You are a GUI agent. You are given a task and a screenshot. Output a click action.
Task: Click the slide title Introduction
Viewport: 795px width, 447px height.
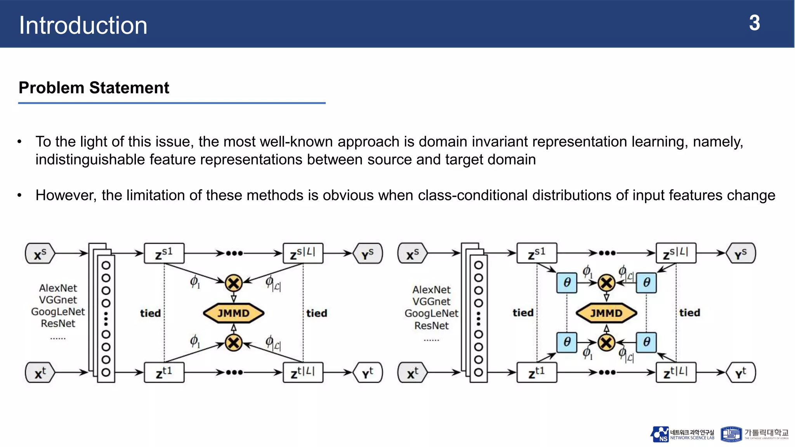point(83,26)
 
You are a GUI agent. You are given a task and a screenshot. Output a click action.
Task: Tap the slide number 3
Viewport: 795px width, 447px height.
point(754,23)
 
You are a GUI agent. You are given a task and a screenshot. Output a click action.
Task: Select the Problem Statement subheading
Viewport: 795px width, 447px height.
point(94,88)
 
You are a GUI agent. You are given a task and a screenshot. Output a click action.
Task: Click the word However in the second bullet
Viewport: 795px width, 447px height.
point(66,195)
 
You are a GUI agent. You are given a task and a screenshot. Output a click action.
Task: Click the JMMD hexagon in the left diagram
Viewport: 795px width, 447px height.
point(233,313)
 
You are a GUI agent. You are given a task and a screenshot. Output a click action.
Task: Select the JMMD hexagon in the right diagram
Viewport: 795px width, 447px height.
point(606,313)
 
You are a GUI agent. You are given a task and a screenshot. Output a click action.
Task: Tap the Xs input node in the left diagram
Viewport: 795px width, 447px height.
point(40,254)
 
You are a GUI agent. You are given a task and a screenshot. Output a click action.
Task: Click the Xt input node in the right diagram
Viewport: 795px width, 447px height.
point(412,373)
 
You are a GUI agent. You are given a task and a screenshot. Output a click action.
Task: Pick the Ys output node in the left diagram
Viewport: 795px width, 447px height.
point(368,254)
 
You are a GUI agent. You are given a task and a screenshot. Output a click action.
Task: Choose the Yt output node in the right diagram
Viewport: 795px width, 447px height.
point(740,373)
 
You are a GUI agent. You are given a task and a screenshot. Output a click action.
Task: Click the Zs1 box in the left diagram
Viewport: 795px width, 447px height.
point(164,254)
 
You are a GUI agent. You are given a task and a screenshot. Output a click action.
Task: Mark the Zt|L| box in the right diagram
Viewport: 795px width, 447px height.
point(675,373)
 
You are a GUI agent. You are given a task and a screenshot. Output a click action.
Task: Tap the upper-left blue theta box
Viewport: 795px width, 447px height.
point(567,282)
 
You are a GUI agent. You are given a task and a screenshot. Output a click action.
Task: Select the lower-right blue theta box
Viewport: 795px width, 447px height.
point(646,342)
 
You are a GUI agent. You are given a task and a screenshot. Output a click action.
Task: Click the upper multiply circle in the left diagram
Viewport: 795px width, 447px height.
point(234,283)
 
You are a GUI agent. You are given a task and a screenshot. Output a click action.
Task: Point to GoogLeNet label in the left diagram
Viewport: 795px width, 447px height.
point(58,312)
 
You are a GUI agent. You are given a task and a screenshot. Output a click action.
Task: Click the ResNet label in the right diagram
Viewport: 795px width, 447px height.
point(431,326)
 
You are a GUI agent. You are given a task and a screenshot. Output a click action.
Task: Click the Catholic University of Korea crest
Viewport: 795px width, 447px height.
point(731,434)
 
